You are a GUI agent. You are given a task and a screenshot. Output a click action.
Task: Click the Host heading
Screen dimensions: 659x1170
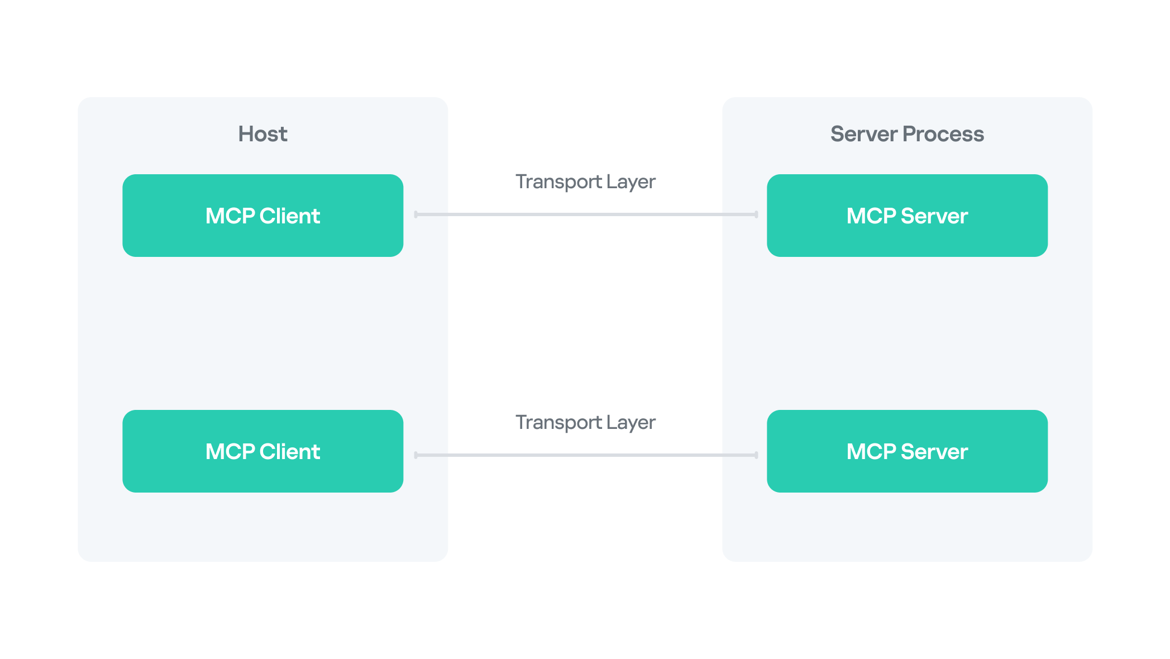(x=262, y=134)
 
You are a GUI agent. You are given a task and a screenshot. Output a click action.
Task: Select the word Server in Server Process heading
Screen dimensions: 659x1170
(x=863, y=134)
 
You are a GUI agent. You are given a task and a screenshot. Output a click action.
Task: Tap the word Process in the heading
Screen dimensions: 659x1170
(x=943, y=134)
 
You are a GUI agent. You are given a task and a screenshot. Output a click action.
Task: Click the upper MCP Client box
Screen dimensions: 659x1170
(x=262, y=216)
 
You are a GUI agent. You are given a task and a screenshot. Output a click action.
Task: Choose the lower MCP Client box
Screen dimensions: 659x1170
(x=262, y=451)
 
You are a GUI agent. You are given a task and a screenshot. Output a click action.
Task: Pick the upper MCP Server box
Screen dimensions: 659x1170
(x=907, y=216)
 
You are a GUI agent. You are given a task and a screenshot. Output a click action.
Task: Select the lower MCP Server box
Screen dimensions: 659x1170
(x=907, y=451)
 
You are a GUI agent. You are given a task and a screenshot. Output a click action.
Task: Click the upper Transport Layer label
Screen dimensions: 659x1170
(x=585, y=182)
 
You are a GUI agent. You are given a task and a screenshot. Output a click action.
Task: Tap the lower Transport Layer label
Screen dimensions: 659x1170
(x=585, y=422)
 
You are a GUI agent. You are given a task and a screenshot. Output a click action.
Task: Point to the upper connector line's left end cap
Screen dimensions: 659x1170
(x=416, y=214)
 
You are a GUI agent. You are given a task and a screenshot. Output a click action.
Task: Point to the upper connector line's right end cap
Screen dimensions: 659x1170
(x=756, y=214)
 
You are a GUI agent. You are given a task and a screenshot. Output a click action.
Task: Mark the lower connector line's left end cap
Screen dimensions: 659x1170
(x=416, y=455)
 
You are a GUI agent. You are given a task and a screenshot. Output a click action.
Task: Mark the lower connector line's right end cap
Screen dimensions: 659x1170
(x=756, y=455)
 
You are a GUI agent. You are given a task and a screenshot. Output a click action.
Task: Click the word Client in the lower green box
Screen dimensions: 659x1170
(x=290, y=451)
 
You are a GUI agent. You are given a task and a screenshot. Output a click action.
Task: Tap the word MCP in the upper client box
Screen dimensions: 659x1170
(x=230, y=216)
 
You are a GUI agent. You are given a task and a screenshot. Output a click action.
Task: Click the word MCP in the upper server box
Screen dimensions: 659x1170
(x=871, y=216)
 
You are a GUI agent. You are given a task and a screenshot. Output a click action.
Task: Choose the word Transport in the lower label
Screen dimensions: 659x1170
(x=558, y=422)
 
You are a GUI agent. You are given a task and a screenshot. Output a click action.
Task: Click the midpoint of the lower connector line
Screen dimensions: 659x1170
(x=586, y=455)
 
